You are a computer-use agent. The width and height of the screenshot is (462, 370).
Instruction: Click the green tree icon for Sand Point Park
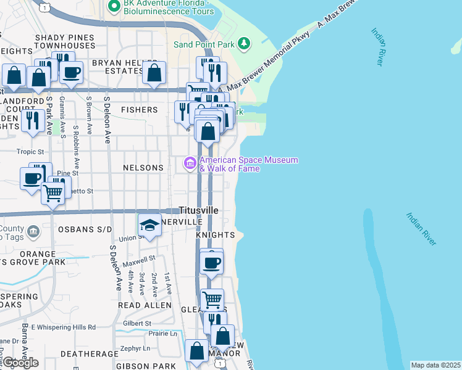coord(245,43)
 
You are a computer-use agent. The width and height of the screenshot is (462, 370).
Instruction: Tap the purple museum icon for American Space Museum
coord(190,163)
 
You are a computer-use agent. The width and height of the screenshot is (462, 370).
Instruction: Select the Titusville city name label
coord(198,210)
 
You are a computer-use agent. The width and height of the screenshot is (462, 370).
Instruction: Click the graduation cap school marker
coord(149,226)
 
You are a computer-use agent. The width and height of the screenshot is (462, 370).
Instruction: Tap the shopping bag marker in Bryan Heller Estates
coord(154,73)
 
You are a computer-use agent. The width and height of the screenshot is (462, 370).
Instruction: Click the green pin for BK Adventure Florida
coord(114,7)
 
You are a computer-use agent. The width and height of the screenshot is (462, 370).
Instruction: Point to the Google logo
coord(20,362)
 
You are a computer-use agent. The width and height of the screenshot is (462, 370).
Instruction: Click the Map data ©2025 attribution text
coord(435,365)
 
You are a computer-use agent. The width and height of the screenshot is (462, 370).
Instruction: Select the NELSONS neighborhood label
coord(143,168)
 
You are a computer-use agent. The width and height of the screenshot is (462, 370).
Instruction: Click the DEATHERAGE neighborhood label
coord(89,354)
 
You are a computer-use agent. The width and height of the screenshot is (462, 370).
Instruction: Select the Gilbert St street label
coord(137,323)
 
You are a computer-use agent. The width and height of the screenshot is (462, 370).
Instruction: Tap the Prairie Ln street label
coord(163,334)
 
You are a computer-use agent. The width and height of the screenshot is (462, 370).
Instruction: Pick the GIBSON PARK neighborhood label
coord(146,366)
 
